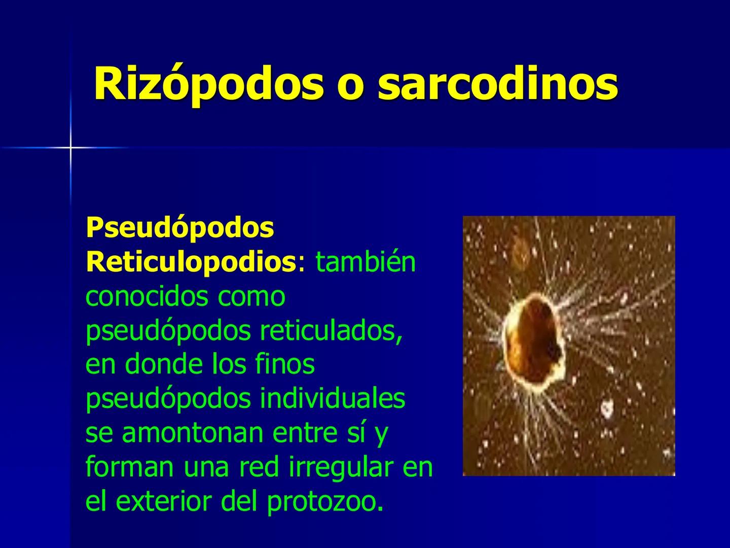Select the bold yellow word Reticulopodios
pos(191,262)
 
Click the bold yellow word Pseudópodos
pos(180,228)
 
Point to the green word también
pos(366,262)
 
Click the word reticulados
pos(331,331)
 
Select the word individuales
pos(333,399)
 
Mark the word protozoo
pos(324,501)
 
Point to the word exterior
pos(164,501)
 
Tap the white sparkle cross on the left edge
pos(70,148)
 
